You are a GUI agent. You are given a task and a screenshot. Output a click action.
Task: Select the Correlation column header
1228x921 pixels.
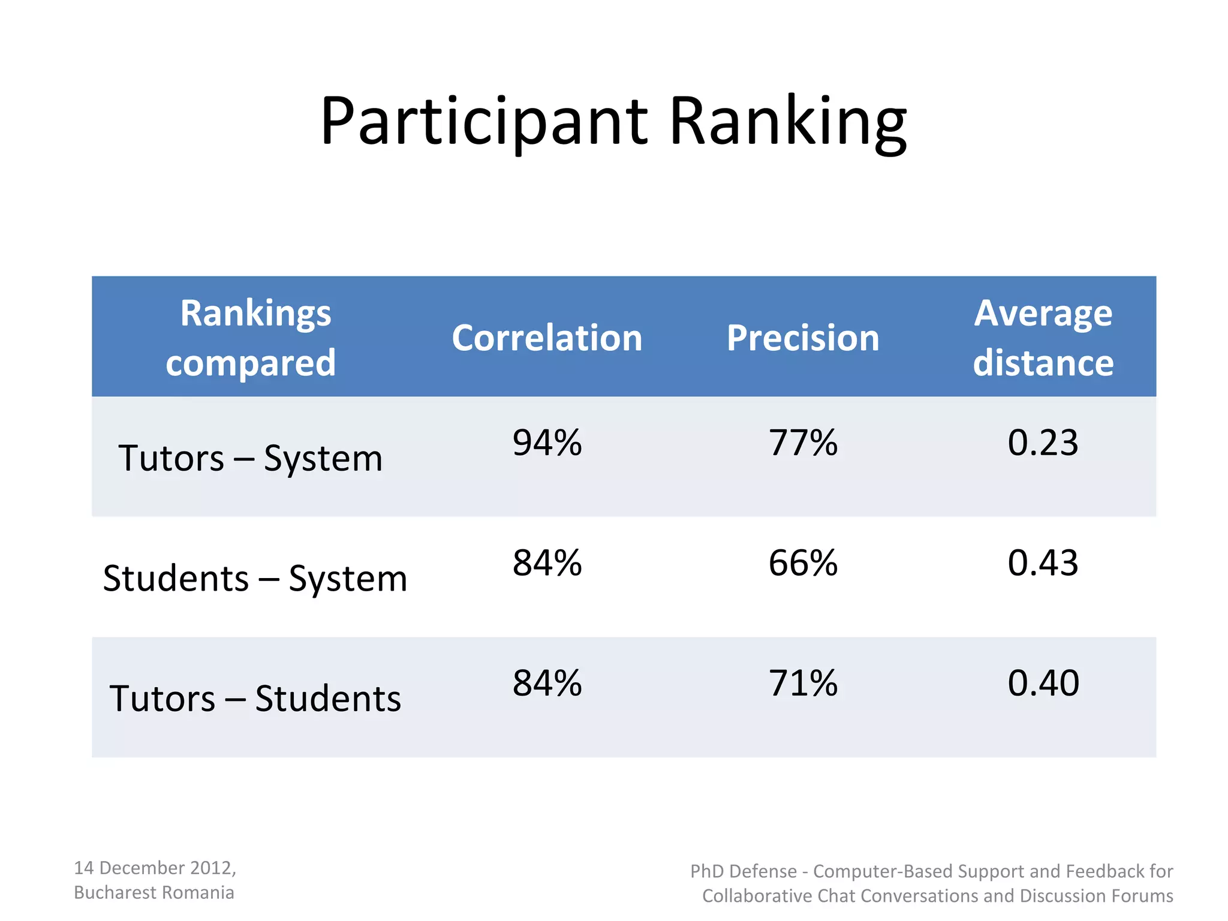pyautogui.click(x=547, y=338)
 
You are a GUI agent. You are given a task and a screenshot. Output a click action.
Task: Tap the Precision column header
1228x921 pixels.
pyautogui.click(x=803, y=338)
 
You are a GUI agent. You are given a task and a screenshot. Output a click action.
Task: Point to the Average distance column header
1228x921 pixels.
pyautogui.click(x=1043, y=338)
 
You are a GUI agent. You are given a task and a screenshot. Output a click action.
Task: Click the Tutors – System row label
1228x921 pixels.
pyautogui.click(x=251, y=459)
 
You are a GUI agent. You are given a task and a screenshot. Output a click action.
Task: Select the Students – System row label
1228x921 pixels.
pyautogui.click(x=255, y=579)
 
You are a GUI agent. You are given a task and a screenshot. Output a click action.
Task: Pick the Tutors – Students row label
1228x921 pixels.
pyautogui.click(x=255, y=699)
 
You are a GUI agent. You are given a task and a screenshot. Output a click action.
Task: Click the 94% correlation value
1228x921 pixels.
pyautogui.click(x=547, y=443)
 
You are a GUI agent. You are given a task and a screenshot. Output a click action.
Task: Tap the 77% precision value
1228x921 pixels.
pyautogui.click(x=803, y=443)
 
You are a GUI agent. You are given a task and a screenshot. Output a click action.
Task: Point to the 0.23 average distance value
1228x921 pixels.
pyautogui.click(x=1043, y=443)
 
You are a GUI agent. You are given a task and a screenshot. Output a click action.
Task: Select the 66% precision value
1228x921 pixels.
pyautogui.click(x=803, y=563)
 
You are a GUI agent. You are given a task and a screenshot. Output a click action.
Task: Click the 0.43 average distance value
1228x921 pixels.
pyautogui.click(x=1043, y=563)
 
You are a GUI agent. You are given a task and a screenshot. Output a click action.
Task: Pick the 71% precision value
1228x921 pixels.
pyautogui.click(x=803, y=683)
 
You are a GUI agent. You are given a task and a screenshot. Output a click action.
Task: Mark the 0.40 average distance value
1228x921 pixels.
pyautogui.click(x=1043, y=683)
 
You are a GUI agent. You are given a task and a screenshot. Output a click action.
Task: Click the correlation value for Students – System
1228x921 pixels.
pyautogui.click(x=547, y=563)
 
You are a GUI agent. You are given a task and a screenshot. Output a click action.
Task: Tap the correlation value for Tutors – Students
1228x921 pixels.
pyautogui.click(x=547, y=683)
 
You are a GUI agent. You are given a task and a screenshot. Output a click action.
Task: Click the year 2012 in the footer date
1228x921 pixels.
pyautogui.click(x=212, y=868)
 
